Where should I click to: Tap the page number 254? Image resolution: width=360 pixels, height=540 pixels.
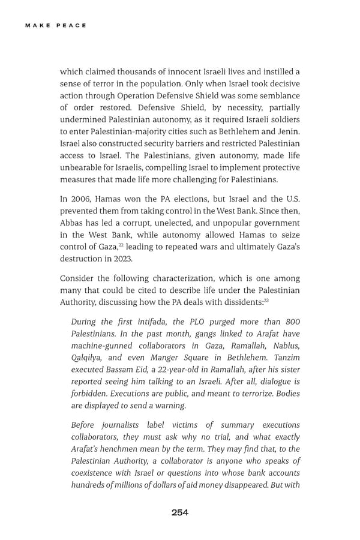tap(180, 512)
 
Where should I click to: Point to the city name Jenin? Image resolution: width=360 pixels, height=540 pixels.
tap(287, 131)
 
